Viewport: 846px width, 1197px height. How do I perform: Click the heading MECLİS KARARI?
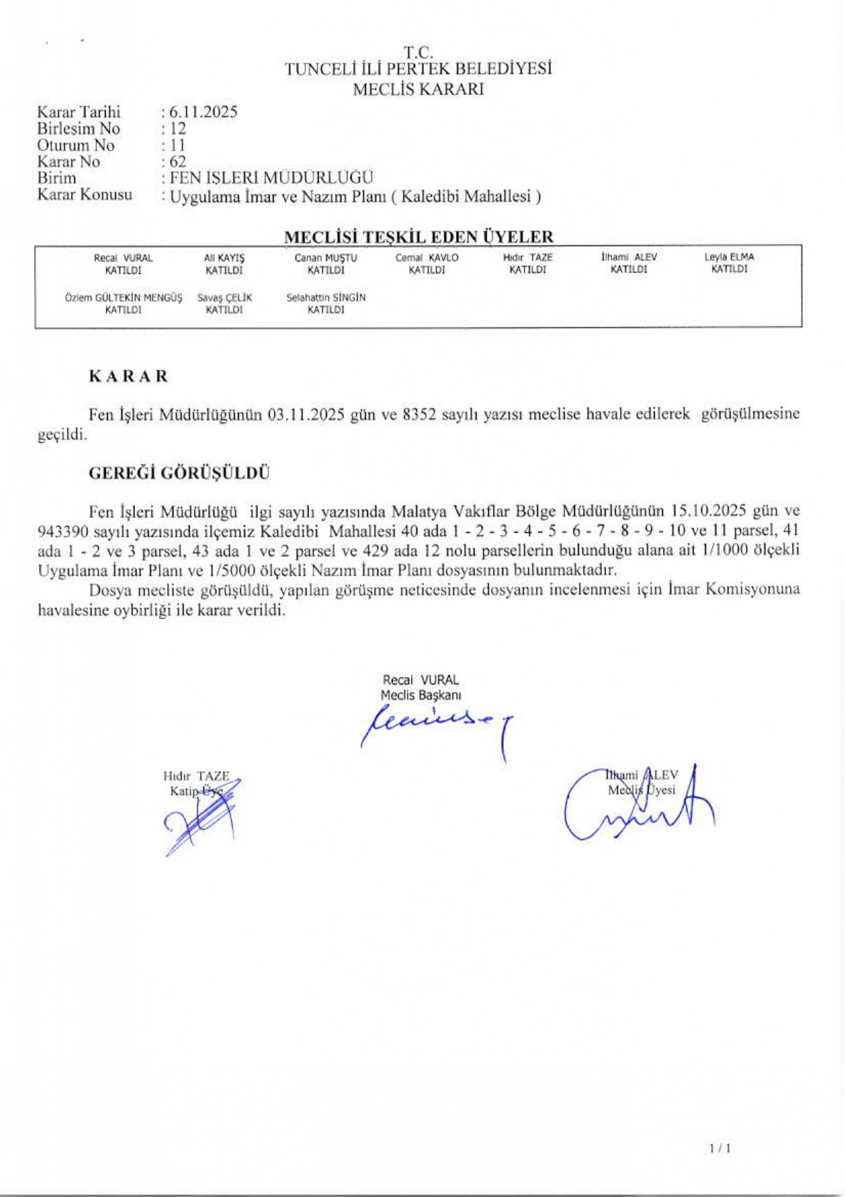(418, 89)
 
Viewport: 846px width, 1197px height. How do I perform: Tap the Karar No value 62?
(178, 162)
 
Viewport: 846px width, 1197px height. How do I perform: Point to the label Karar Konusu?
(85, 194)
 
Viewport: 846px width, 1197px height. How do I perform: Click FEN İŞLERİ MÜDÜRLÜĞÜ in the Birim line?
(271, 178)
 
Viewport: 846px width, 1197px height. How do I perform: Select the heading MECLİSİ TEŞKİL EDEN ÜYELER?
(419, 237)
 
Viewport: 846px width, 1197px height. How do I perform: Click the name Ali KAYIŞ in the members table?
(224, 258)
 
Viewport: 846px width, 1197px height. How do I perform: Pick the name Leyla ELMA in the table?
(729, 257)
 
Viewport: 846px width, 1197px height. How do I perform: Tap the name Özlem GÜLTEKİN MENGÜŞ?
(124, 298)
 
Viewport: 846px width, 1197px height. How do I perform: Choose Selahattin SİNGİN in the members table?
(326, 298)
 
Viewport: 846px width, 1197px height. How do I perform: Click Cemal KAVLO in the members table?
(427, 258)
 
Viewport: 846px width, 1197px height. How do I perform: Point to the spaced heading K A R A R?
(128, 377)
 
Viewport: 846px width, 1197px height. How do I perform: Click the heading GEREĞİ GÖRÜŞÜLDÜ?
(179, 474)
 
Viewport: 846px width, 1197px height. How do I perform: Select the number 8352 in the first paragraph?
(419, 414)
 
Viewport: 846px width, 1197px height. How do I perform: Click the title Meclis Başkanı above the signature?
(421, 695)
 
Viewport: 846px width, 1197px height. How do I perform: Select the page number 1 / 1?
(720, 1149)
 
